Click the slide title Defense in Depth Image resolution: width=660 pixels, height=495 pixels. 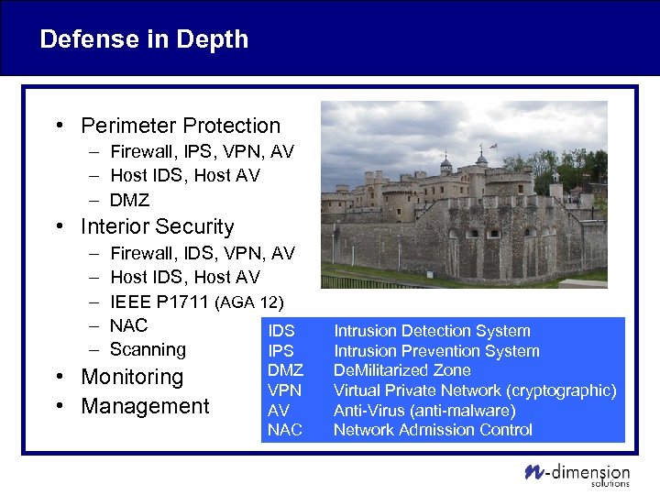tap(144, 39)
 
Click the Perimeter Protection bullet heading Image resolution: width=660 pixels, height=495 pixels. tap(181, 126)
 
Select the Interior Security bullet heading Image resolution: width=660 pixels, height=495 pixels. tap(157, 226)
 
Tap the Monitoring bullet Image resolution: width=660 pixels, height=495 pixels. tap(132, 377)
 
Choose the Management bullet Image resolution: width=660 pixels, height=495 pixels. tap(145, 406)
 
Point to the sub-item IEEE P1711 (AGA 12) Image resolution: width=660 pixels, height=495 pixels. tap(196, 302)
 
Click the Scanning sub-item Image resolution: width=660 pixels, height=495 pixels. tap(148, 349)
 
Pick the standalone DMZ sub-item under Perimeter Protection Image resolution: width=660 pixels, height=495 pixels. tap(129, 200)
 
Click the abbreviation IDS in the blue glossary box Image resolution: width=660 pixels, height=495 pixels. tap(281, 331)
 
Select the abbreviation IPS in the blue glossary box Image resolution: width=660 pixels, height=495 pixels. tap(280, 351)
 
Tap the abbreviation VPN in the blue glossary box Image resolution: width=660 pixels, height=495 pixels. tap(284, 390)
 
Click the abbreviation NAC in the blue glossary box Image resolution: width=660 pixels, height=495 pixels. tap(284, 430)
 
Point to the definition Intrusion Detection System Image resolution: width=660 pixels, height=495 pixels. tap(432, 331)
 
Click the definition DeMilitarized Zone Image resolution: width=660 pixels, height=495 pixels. tap(402, 370)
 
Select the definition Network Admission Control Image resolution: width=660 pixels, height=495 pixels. tap(433, 430)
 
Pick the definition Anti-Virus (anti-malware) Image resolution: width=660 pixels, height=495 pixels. tap(424, 411)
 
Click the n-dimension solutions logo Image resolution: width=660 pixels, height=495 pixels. tap(577, 474)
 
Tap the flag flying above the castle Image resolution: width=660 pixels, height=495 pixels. tap(492, 146)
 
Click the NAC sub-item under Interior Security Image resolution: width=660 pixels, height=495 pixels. tap(128, 325)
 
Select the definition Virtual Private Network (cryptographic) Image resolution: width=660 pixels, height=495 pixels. tap(474, 390)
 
